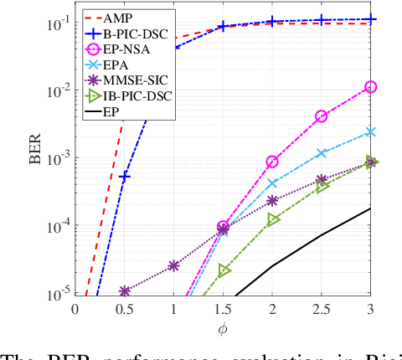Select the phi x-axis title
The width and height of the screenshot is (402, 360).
222,328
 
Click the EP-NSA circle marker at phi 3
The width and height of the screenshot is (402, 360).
370,86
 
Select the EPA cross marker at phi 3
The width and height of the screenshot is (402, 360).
370,132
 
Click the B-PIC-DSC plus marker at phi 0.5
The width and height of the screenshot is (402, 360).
124,177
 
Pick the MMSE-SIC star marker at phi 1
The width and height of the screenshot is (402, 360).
173,265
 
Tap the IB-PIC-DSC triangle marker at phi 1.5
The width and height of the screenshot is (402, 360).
224,270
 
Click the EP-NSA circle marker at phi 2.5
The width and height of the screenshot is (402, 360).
321,116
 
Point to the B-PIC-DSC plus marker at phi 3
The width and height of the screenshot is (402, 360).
370,19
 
